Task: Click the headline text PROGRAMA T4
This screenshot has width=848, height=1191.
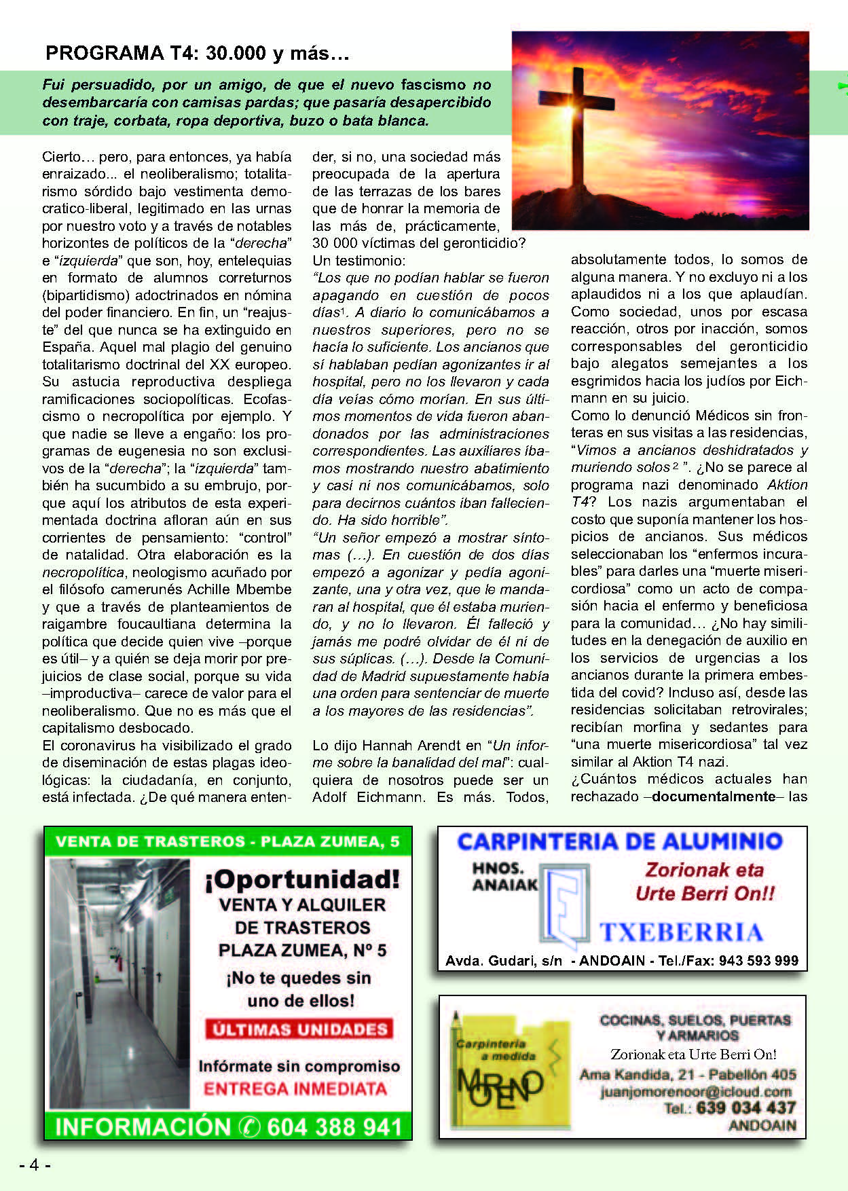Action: (x=197, y=53)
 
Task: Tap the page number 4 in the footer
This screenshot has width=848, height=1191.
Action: (x=35, y=1165)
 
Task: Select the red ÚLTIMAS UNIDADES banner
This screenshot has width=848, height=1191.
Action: (x=299, y=1029)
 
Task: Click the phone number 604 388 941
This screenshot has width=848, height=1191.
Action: (x=334, y=1127)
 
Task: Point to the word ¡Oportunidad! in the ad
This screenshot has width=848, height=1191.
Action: (x=302, y=879)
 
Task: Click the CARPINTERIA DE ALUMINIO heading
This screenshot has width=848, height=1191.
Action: (x=619, y=842)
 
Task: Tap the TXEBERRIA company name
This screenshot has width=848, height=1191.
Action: (x=681, y=932)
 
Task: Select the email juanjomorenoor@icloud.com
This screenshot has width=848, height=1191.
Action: (x=696, y=1092)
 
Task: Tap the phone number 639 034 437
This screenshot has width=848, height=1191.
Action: (x=745, y=1108)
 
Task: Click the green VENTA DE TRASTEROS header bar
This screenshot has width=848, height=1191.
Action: (x=227, y=842)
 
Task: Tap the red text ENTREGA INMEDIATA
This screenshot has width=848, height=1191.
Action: (x=295, y=1089)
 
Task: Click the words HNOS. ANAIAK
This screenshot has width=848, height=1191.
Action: (x=504, y=877)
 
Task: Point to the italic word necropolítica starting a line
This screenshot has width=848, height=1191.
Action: (x=83, y=572)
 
